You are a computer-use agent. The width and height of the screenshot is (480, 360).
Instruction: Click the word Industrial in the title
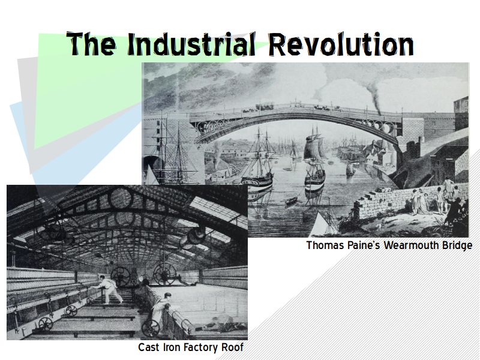click(191, 44)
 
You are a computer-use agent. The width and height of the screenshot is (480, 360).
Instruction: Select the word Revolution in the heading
click(341, 44)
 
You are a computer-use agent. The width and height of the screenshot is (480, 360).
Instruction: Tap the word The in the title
click(91, 44)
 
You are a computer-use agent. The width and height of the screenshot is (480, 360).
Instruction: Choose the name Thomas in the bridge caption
click(325, 245)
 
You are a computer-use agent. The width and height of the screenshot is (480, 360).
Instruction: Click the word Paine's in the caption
click(364, 245)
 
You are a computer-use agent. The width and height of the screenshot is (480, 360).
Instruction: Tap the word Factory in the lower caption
click(201, 348)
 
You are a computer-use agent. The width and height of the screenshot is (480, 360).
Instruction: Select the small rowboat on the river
click(291, 201)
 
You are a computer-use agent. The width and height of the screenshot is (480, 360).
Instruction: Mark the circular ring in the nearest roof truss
click(121, 199)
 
